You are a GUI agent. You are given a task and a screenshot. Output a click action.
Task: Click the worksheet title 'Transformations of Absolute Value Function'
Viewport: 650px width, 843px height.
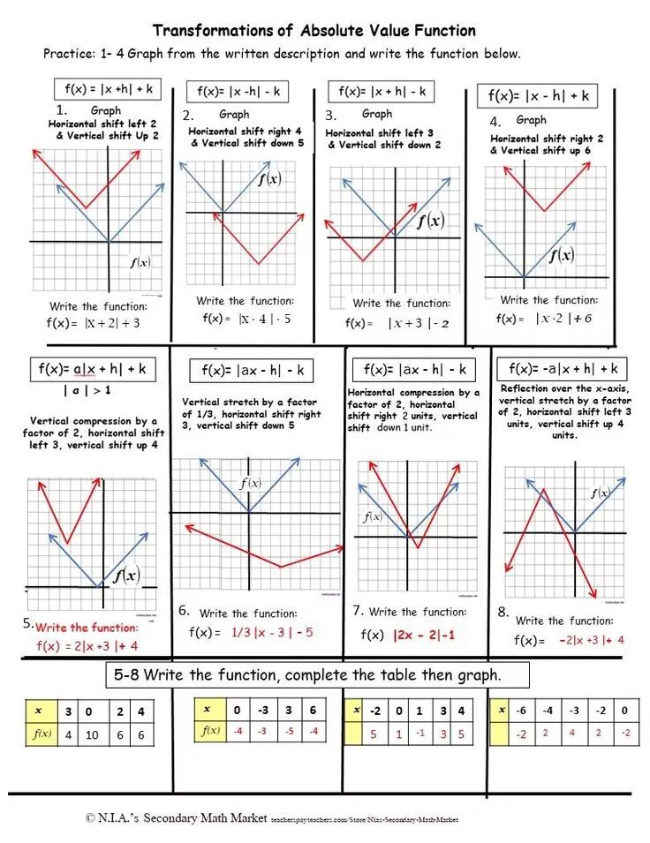314,31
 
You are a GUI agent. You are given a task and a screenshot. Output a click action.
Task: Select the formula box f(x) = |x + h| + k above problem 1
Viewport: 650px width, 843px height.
108,89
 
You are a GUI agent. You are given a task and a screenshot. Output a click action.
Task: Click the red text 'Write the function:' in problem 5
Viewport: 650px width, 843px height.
87,628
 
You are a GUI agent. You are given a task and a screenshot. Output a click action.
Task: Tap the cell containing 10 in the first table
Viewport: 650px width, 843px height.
93,734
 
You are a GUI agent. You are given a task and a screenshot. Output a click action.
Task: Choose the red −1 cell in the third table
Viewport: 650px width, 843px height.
420,733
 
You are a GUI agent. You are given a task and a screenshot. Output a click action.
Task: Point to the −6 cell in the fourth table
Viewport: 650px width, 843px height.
523,710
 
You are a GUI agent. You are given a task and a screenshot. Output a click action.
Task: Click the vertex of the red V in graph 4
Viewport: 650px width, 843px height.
544,211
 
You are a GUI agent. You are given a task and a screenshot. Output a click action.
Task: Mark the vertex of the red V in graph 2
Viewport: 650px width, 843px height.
259,264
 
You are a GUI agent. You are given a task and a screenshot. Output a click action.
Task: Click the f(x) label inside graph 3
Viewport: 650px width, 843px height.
430,221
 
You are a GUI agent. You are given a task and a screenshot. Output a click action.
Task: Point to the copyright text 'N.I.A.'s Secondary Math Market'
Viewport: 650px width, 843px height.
177,818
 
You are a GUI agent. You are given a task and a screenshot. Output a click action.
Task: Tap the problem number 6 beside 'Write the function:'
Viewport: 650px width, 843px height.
184,611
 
